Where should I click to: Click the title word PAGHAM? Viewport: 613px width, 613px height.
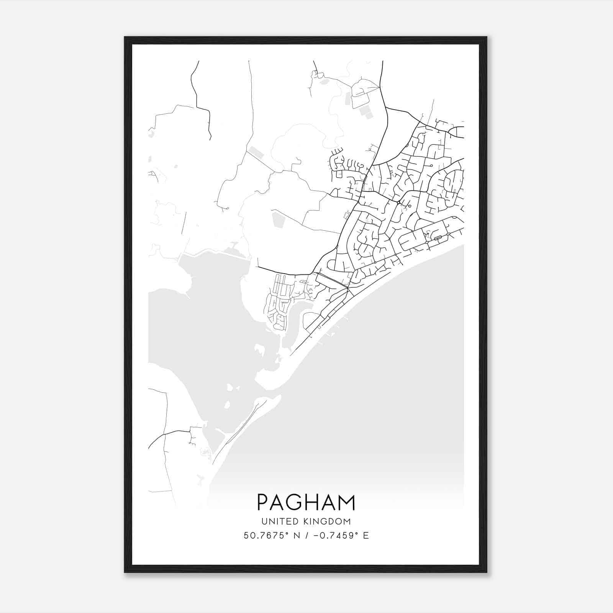pos(306,502)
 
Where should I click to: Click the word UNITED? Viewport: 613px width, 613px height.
pos(278,521)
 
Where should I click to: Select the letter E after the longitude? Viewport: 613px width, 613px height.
pos(366,535)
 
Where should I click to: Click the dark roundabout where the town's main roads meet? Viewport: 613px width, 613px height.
pos(399,202)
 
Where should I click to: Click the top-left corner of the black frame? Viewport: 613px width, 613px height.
pos(125,38)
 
